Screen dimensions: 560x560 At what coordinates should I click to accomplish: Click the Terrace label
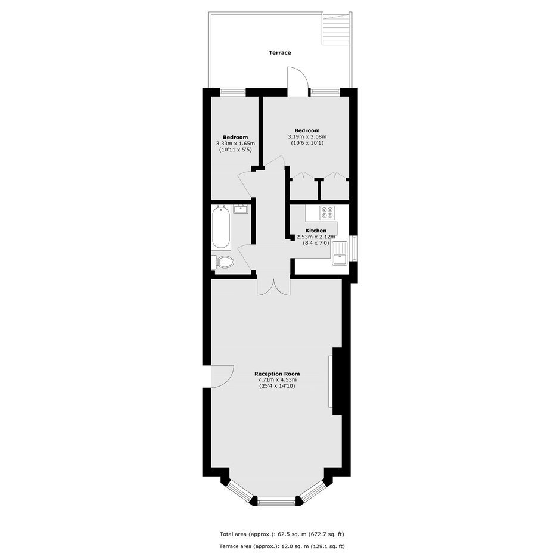pos(279,53)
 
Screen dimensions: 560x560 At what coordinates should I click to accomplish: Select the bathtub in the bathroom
pos(221,228)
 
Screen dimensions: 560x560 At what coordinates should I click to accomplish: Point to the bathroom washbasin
pos(241,209)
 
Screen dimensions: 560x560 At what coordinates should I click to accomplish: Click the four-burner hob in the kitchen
pos(327,213)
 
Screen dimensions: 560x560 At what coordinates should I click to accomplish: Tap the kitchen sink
pos(340,253)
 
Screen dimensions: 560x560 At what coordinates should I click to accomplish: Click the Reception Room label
pos(277,374)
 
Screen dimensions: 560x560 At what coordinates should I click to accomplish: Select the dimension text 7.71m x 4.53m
pos(277,380)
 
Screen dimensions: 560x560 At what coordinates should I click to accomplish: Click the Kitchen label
pos(316,231)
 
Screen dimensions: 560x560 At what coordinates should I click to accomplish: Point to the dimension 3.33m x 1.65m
pos(235,144)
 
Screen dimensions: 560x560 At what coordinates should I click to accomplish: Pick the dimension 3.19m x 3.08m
pos(307,137)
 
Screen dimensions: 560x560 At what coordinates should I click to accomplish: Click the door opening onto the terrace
pos(297,82)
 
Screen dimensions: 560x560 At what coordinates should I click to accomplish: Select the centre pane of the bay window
pos(277,502)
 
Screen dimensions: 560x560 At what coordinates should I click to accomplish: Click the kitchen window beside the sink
pos(353,248)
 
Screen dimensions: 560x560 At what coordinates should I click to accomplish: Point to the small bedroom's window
pos(233,91)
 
